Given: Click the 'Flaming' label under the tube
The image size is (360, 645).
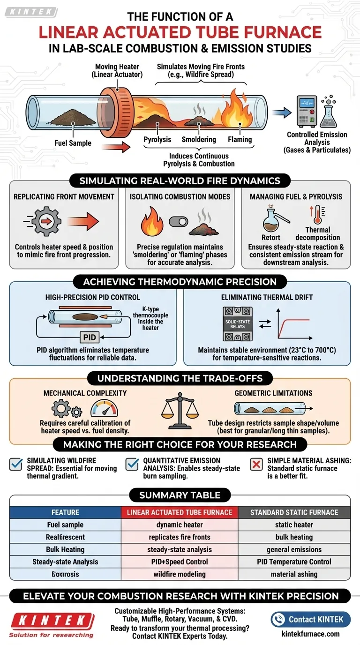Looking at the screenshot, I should click(x=240, y=139).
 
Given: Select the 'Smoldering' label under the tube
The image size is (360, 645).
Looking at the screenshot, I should click(x=199, y=139).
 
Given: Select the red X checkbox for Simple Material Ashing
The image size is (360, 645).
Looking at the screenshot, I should click(x=256, y=465).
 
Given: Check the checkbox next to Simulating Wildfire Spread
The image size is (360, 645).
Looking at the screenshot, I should click(x=16, y=465).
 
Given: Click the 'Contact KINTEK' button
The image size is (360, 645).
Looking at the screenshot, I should click(x=310, y=619).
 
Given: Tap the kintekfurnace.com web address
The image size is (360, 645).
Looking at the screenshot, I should click(x=310, y=634).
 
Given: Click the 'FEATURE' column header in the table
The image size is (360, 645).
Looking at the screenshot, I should click(x=65, y=512).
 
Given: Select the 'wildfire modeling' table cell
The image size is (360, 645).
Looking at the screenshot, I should click(x=180, y=574).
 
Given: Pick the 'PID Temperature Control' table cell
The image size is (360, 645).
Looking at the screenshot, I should click(x=294, y=562).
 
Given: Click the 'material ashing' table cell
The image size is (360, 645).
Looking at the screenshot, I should click(x=294, y=574).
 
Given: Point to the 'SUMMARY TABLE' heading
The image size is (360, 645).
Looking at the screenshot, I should click(x=180, y=495).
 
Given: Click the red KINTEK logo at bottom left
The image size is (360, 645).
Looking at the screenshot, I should click(x=52, y=621).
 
